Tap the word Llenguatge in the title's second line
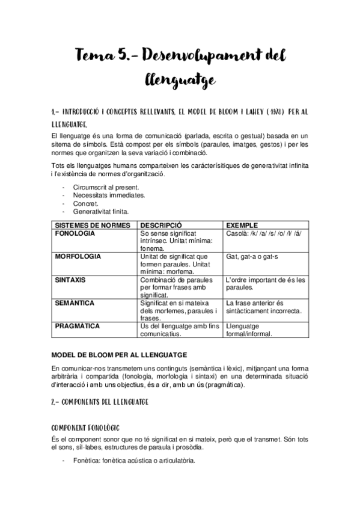[180, 79]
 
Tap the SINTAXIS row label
[70, 280]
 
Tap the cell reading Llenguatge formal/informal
[249, 330]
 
